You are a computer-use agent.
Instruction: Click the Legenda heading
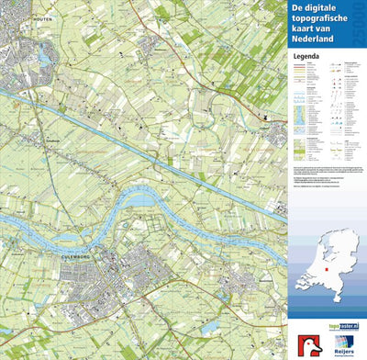[307, 55]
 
